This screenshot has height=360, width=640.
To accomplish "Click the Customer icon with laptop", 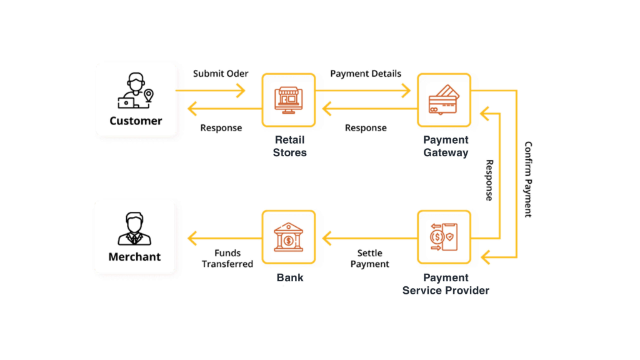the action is pos(136,91).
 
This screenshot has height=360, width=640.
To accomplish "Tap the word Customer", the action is pos(136,121).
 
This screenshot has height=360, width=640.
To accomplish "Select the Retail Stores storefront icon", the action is pos(289,100).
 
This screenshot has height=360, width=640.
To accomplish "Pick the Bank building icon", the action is pos(289,237).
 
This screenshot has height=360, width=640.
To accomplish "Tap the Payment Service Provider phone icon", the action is pos(444,237).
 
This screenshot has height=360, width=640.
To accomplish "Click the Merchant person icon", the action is pos(134,229).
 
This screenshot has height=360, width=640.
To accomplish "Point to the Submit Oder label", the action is pos(221,74).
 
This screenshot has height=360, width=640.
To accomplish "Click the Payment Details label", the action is pos(366,74).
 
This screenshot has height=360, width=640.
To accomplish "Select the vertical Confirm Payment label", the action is pos(528,179).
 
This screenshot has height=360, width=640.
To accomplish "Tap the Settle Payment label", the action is pos(370,258).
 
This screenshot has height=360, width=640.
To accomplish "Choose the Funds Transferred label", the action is pos(227,258).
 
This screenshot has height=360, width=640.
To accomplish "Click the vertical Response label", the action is pos(489,180).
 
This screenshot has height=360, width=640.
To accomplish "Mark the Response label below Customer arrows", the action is pos(221,127).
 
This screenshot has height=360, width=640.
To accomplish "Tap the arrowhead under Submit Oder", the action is pos(241,91).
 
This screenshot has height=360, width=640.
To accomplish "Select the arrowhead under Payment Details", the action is pos(406,91).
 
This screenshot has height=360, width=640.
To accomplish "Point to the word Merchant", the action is pos(135,257).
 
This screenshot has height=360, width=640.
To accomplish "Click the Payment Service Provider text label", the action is pos(446,284).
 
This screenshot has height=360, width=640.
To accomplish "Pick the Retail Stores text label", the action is pos(290,146).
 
